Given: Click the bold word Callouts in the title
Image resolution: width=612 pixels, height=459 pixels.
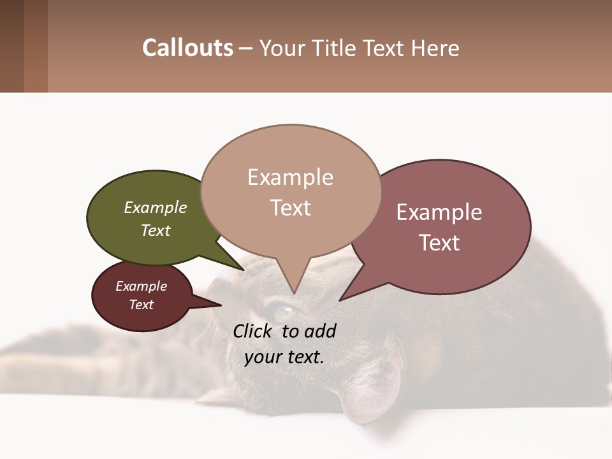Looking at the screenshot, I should click(187, 48).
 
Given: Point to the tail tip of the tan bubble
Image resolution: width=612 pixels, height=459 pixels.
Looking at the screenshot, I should click(295, 292).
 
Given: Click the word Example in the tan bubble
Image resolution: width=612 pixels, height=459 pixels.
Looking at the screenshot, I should click(290, 177).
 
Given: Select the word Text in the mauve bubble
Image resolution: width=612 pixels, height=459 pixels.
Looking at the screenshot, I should click(439, 243).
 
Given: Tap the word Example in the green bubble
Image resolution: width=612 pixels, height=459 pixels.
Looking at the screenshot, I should click(156, 207).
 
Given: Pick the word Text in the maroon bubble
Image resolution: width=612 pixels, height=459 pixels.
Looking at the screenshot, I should click(142, 305).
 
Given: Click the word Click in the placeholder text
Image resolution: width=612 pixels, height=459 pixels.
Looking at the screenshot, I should click(254, 331).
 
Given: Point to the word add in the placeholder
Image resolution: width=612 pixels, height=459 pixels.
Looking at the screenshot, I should click(320, 331).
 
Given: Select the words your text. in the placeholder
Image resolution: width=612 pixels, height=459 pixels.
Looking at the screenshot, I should click(284, 357).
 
